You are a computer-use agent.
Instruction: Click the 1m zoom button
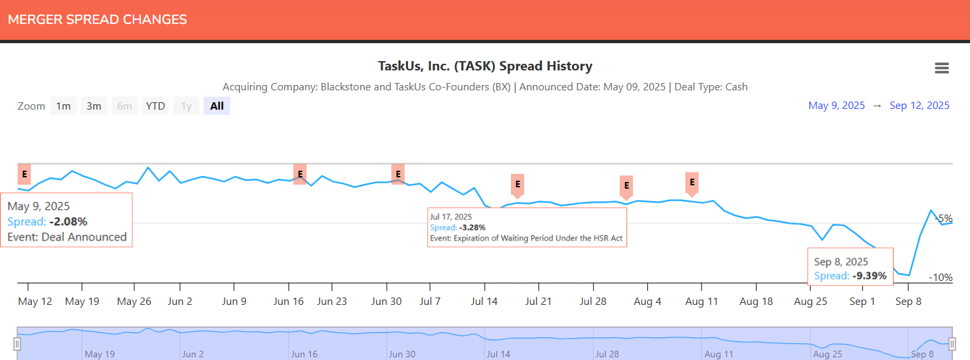63,106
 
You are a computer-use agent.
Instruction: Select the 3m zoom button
94,106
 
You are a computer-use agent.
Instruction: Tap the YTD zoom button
155,106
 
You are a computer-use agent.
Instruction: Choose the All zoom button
217,106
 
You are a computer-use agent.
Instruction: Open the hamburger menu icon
941,68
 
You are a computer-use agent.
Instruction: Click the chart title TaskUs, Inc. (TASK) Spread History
484,66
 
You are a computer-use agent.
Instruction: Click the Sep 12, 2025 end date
920,106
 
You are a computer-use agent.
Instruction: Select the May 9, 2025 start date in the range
836,106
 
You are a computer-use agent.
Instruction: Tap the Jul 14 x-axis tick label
484,302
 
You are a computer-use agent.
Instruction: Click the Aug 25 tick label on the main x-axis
811,302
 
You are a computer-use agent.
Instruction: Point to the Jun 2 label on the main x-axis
180,302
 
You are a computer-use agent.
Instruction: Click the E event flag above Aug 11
692,182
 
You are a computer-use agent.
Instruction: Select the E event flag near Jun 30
398,174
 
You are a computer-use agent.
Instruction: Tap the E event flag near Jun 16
300,174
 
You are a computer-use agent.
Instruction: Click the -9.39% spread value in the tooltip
869,276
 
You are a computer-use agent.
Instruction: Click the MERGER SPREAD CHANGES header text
98,20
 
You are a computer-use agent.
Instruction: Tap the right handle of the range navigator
952,343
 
